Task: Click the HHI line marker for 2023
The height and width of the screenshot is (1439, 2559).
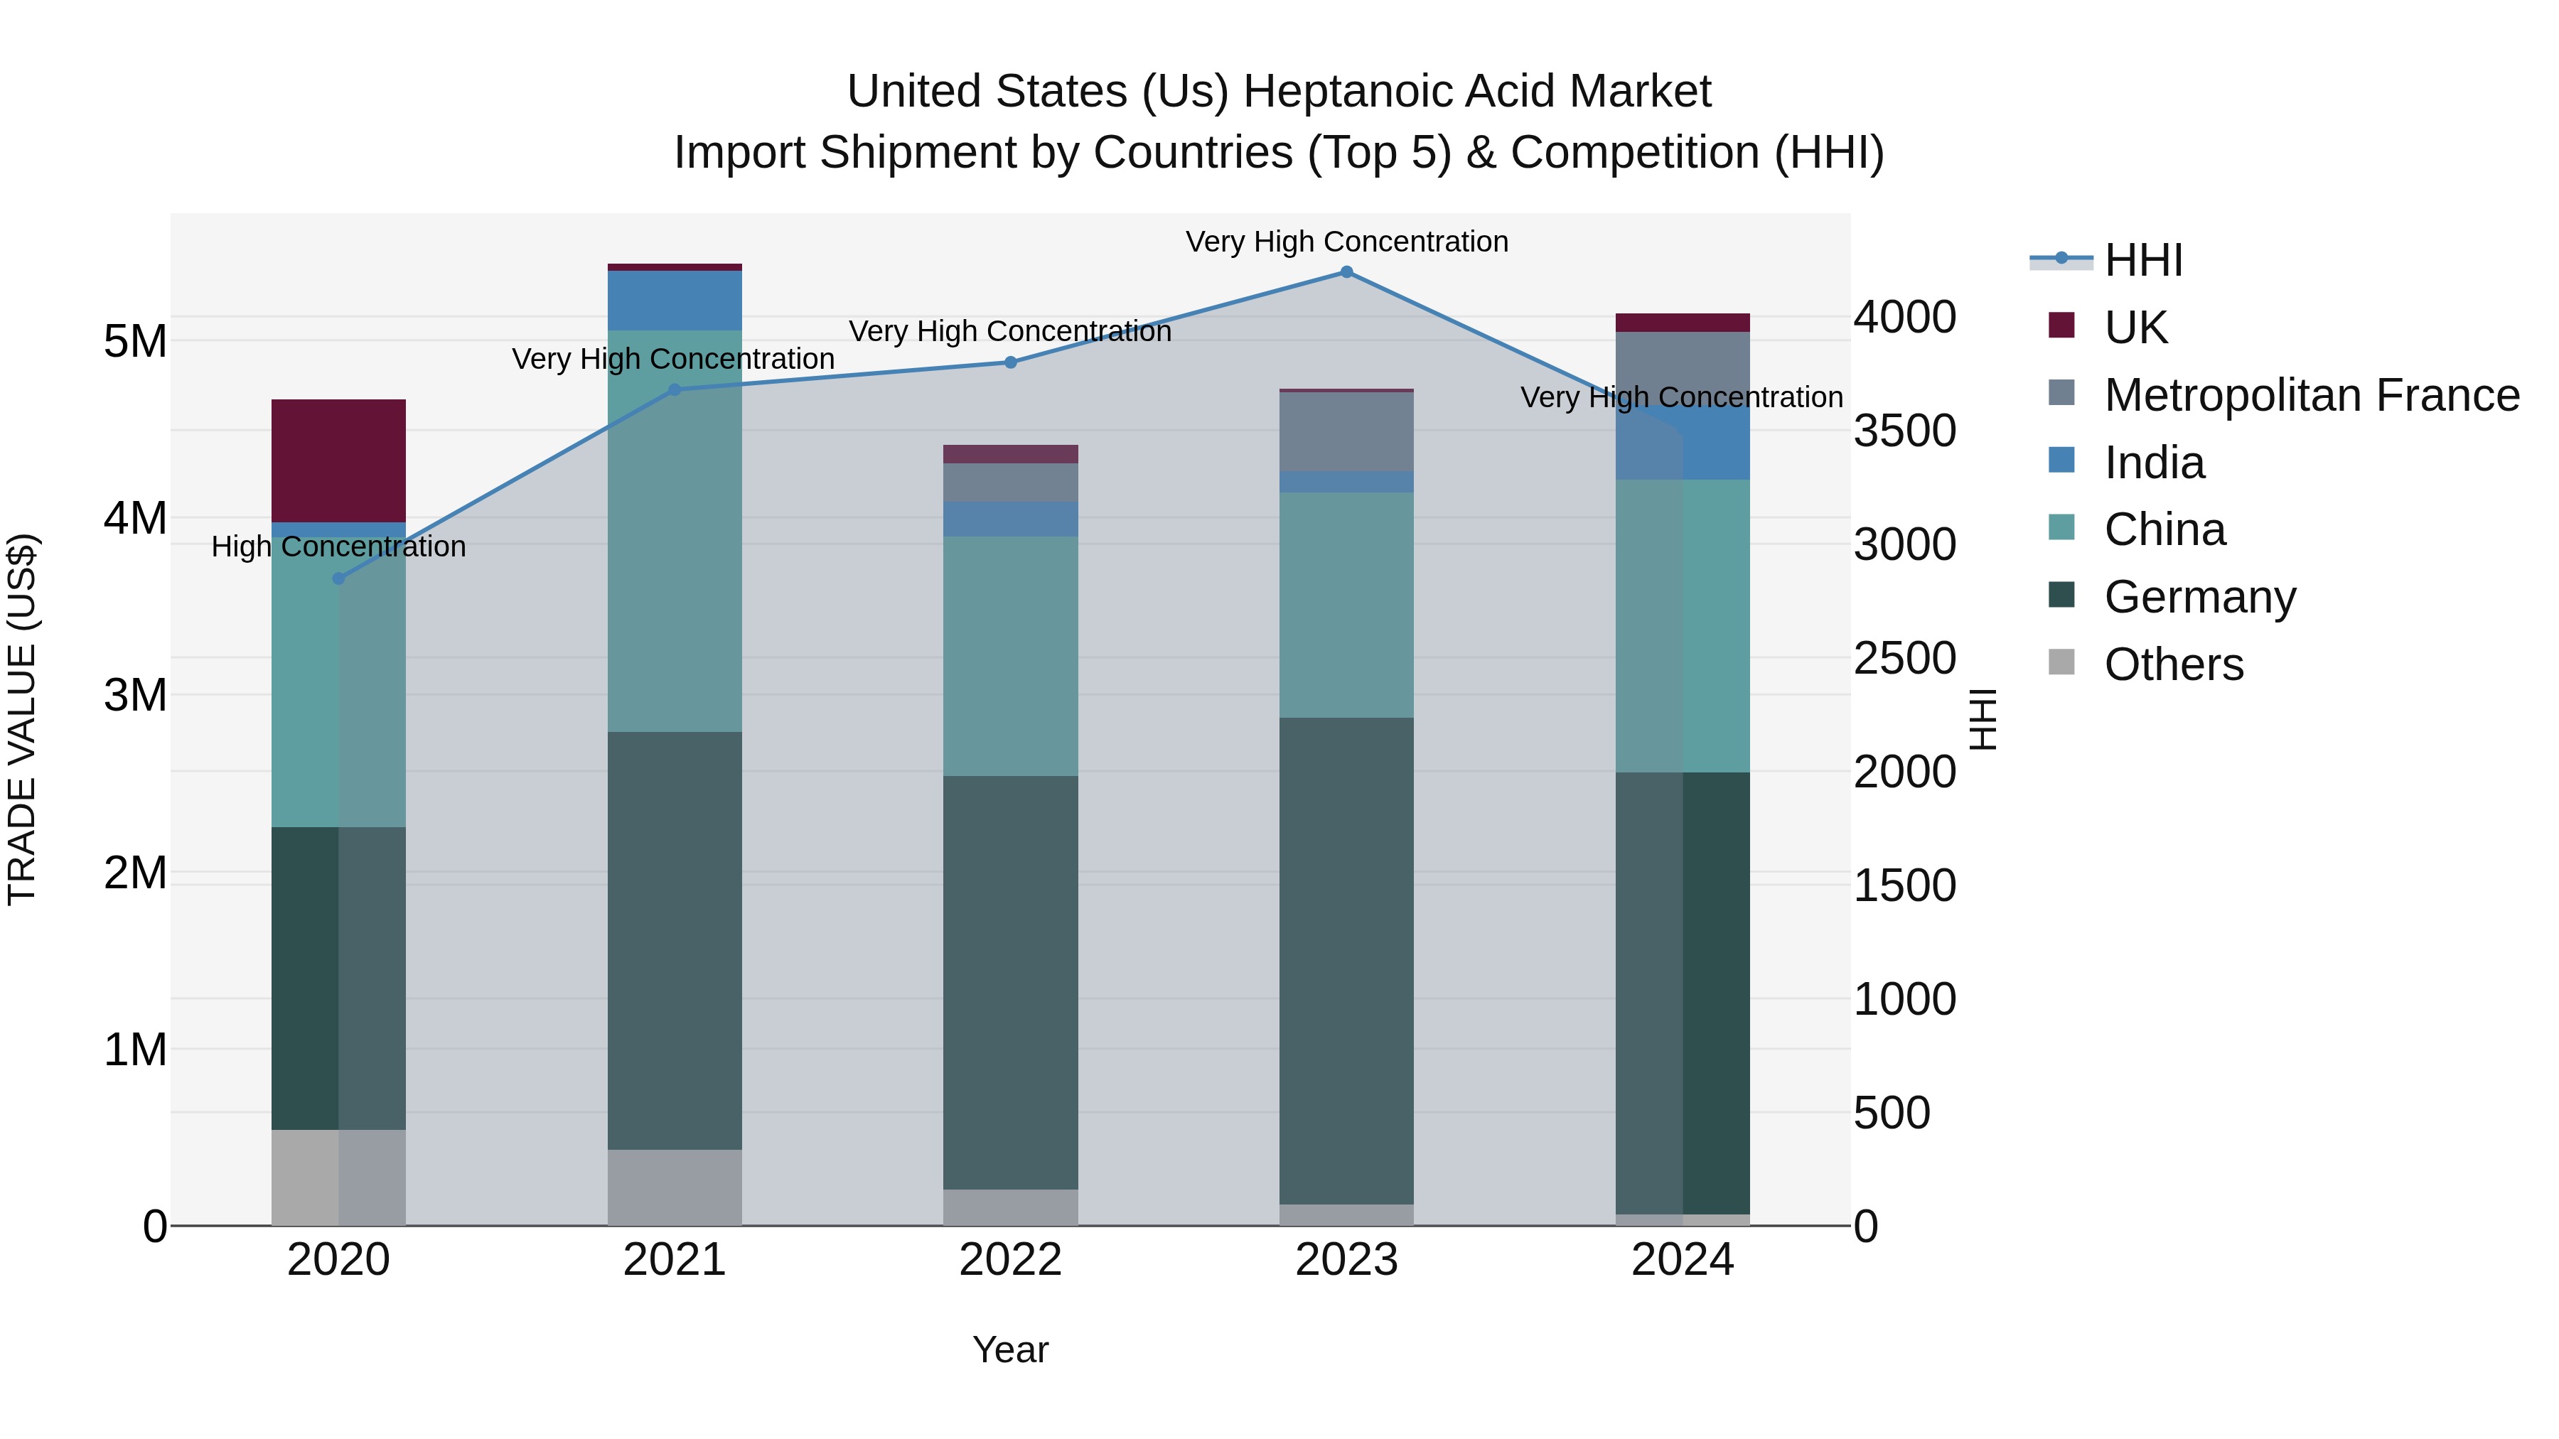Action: coord(1346,272)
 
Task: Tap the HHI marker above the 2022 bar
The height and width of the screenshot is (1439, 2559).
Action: coord(1010,362)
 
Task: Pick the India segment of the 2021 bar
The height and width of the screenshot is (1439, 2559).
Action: coord(675,300)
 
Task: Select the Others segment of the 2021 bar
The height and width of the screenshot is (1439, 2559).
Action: coord(675,1187)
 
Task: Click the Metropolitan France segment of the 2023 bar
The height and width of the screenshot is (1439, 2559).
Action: coord(1346,431)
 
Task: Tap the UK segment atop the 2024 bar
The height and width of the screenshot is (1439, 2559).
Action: coord(1682,323)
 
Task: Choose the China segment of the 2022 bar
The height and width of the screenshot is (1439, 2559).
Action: coord(1010,655)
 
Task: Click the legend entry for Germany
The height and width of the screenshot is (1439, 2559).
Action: coord(2199,597)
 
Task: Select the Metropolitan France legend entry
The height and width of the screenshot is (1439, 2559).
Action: coord(2311,395)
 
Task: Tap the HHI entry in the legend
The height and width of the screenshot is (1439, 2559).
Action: coord(2142,260)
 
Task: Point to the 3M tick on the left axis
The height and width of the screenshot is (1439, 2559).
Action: coord(135,695)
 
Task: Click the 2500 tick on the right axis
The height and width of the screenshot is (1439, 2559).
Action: coord(1904,659)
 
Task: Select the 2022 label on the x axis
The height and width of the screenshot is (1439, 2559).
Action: coord(1010,1260)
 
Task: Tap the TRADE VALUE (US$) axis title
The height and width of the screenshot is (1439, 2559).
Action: coord(22,719)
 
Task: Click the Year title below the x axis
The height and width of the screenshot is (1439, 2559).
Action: coord(1010,1349)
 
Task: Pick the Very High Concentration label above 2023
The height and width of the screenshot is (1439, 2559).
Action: coord(1346,242)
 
